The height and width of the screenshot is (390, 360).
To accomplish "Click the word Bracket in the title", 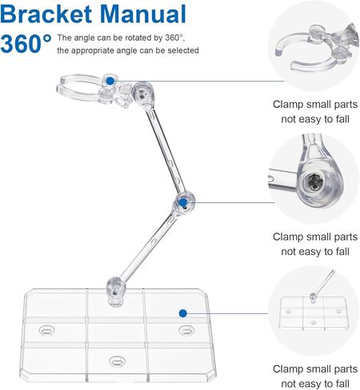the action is click(x=46, y=14).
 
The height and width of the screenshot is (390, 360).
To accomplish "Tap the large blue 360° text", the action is click(x=26, y=43).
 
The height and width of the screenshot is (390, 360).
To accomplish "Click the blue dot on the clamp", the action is click(x=110, y=81).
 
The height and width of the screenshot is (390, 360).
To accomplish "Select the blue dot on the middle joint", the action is click(x=182, y=203).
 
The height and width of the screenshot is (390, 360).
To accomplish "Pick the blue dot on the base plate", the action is click(x=182, y=313).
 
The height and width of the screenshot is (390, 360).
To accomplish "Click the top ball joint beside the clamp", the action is click(x=142, y=94).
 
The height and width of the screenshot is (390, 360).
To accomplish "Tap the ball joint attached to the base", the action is click(x=116, y=291).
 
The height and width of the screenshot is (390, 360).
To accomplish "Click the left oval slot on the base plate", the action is click(x=47, y=331).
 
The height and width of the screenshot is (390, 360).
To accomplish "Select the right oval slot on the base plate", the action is click(x=186, y=331).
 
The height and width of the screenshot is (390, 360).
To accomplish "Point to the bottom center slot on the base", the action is click(x=116, y=361).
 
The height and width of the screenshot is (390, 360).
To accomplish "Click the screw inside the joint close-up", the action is click(x=314, y=181).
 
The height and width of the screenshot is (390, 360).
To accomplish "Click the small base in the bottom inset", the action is click(x=314, y=313).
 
